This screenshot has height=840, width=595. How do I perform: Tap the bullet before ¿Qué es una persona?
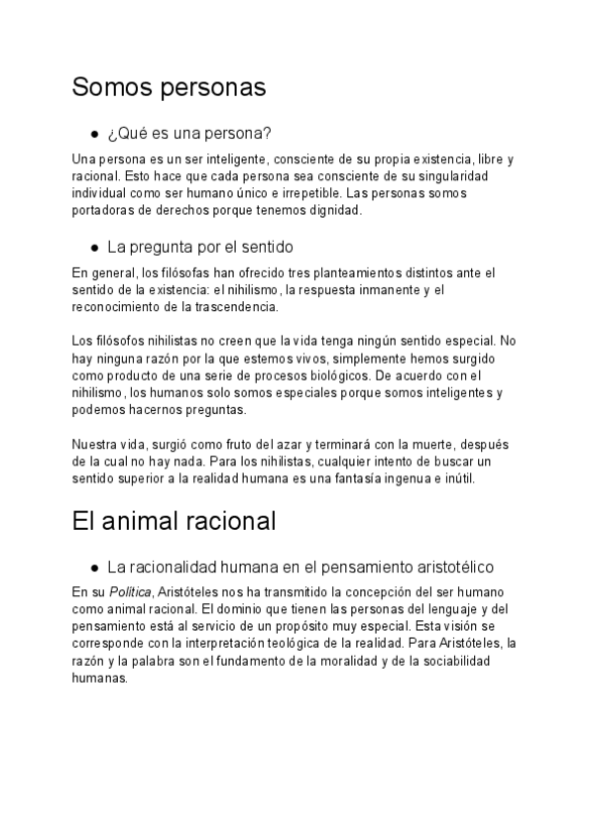(x=94, y=134)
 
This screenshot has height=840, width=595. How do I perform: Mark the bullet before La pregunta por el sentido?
(x=94, y=247)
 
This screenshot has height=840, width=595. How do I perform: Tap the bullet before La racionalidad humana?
(x=94, y=568)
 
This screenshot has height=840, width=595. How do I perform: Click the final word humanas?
(x=100, y=679)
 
